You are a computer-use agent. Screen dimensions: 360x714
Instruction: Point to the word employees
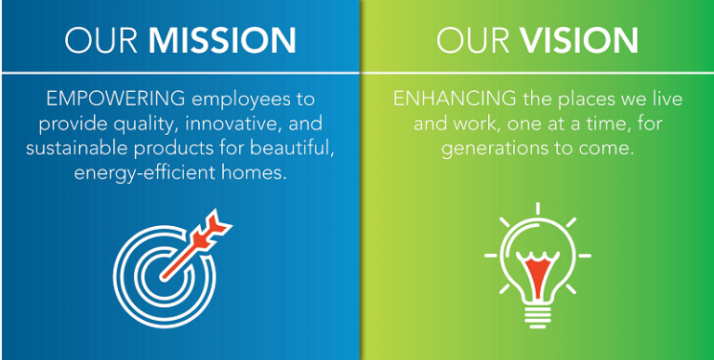coord(218,99)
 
